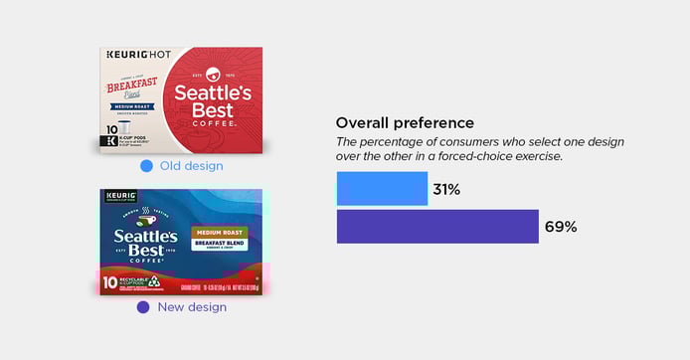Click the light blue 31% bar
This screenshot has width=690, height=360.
382,189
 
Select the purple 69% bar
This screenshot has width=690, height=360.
437,227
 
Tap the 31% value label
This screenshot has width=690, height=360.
446,189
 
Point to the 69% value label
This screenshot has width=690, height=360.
561,227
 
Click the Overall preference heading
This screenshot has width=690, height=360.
405,122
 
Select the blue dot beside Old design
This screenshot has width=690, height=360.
146,165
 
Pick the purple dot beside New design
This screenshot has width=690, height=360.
143,307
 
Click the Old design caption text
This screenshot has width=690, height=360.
192,165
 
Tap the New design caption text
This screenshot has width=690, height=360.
192,307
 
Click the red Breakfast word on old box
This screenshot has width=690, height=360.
132,87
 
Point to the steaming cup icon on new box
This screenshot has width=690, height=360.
145,213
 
